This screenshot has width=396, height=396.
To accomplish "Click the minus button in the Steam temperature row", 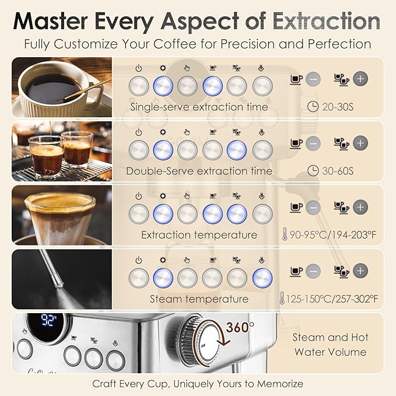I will (313, 271).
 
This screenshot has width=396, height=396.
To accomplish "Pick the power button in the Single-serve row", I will (138, 86).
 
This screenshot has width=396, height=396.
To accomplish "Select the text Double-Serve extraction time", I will (199, 171).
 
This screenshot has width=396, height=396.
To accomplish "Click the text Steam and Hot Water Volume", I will (331, 345).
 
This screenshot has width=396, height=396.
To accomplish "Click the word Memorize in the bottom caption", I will (281, 384).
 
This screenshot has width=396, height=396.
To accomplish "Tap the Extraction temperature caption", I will (199, 235).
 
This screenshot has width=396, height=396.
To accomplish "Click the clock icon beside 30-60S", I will (313, 170).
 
